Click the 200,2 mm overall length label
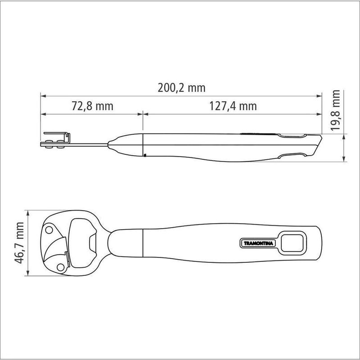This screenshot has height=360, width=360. coord(181,88)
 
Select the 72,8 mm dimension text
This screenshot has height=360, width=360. coord(93,106)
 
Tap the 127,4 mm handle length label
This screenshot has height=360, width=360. coord(233,106)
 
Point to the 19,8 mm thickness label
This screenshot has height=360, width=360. coord(335,110)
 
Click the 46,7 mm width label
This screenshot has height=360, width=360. coord(19,243)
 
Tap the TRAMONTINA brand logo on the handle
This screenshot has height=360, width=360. coord(258,243)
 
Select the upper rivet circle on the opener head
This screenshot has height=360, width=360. coord(49,230)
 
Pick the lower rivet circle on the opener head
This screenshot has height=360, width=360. coord(61,267)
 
